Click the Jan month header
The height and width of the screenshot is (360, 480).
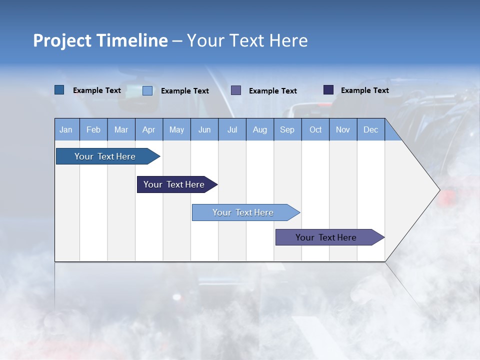(x=66, y=129)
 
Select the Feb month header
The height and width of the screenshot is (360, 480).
(x=93, y=129)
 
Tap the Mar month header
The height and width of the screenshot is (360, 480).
(x=121, y=129)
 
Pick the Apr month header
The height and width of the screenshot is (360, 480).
(x=149, y=129)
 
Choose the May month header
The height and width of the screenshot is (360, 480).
(x=176, y=129)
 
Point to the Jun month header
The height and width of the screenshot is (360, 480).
(x=204, y=129)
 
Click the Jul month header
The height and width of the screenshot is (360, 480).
(x=232, y=129)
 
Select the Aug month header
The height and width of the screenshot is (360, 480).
(x=260, y=129)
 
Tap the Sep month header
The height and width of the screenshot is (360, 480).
(x=287, y=129)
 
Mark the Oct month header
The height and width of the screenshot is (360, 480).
(x=315, y=129)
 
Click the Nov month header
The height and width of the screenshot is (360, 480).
(x=343, y=129)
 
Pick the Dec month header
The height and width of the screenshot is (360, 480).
(x=371, y=129)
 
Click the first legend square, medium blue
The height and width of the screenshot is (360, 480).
(x=59, y=90)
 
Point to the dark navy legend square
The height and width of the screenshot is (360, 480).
(x=328, y=90)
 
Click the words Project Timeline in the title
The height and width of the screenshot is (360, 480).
(x=100, y=40)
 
